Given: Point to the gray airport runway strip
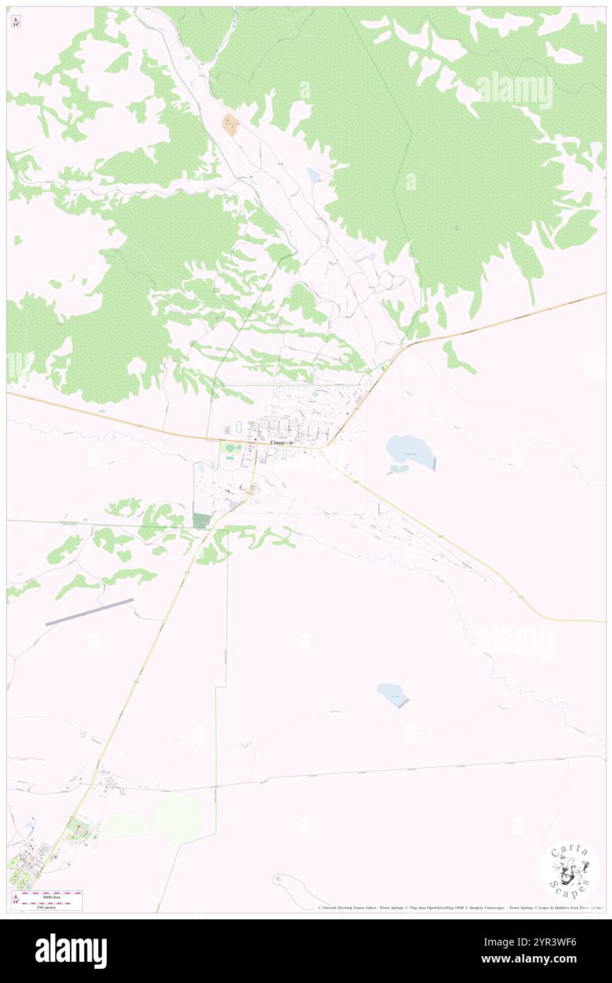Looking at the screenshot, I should click(90, 612).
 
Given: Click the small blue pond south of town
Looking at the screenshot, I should click(392, 694).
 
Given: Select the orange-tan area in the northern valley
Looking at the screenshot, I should click(230, 125).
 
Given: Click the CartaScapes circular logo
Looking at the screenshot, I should click(570, 871).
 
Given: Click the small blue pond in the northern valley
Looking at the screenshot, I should click(313, 175).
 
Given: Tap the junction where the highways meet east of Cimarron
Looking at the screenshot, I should click(322, 448).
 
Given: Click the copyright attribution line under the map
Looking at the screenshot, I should click(459, 908).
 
